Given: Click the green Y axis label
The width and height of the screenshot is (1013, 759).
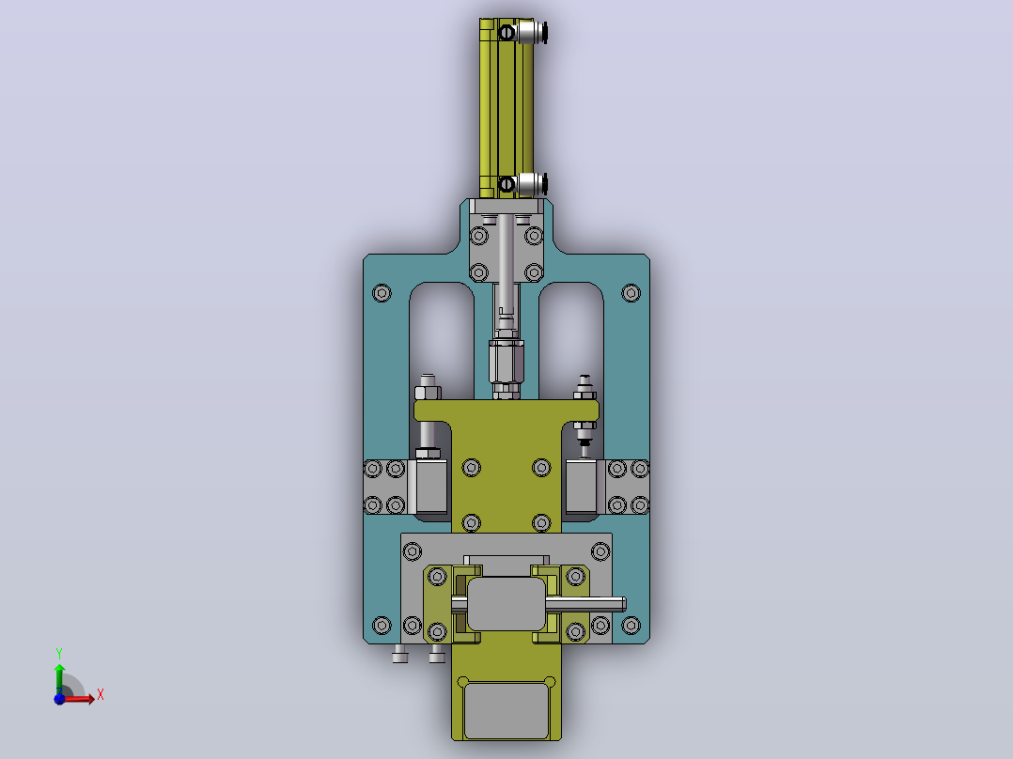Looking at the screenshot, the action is pos(59,654).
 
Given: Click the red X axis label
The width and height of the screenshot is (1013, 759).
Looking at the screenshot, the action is pos(101,695).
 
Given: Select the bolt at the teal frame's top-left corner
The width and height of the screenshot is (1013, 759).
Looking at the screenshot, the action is pos(382,293).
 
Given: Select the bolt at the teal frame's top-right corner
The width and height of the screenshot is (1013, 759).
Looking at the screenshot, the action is pos(631,293).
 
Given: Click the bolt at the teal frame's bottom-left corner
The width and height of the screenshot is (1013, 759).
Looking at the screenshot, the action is pos(382,626).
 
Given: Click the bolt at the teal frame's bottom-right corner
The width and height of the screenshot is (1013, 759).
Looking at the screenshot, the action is pos(631,626).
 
